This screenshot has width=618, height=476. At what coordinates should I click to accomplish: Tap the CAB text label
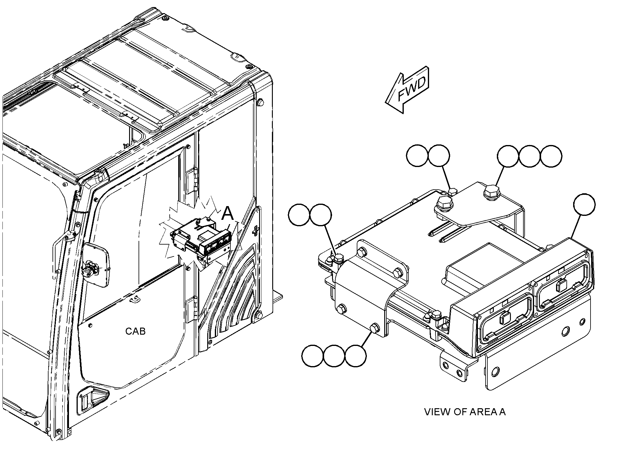[x=136, y=331]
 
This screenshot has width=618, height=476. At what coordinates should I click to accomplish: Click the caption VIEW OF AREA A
[x=465, y=412]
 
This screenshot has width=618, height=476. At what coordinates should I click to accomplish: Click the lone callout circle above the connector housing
[x=584, y=205]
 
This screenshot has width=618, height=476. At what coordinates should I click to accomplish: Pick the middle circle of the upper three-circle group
[x=529, y=156]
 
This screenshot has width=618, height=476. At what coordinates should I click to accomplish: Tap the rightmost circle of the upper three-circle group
[x=551, y=156]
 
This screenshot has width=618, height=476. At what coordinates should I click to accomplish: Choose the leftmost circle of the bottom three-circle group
[x=313, y=356]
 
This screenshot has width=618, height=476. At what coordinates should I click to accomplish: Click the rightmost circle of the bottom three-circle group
[x=356, y=356]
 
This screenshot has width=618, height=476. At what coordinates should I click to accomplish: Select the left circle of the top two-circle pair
[x=417, y=156]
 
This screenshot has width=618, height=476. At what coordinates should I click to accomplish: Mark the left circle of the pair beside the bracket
[x=299, y=215]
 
